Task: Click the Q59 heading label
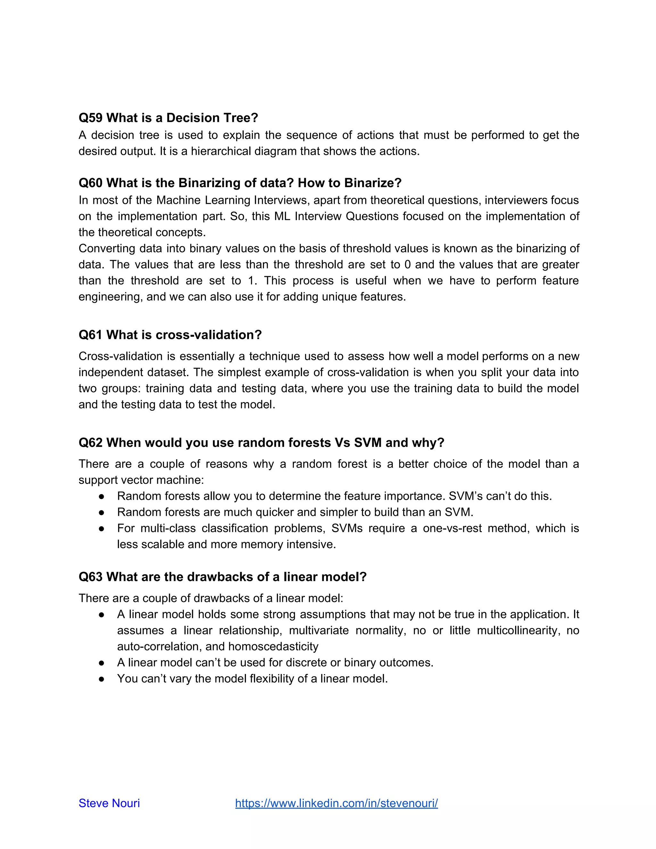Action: click(x=91, y=118)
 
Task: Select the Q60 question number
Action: click(x=91, y=183)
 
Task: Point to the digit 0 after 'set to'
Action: click(x=407, y=265)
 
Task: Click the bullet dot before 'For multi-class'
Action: click(x=102, y=529)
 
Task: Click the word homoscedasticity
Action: click(x=273, y=647)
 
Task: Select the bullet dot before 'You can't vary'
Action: click(x=102, y=679)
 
